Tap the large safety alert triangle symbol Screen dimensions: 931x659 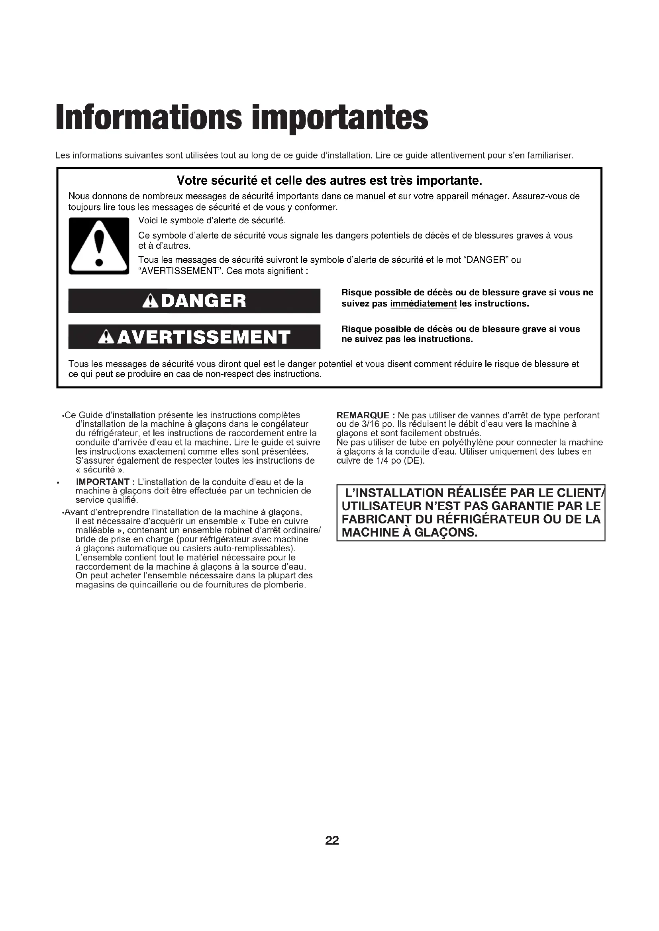(98, 246)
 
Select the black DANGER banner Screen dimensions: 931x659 (194, 301)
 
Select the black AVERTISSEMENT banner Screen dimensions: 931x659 (194, 337)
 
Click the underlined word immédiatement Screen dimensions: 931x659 (423, 304)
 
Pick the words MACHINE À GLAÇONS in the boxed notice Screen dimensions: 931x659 (410, 533)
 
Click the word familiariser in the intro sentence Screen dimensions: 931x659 (549, 156)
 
